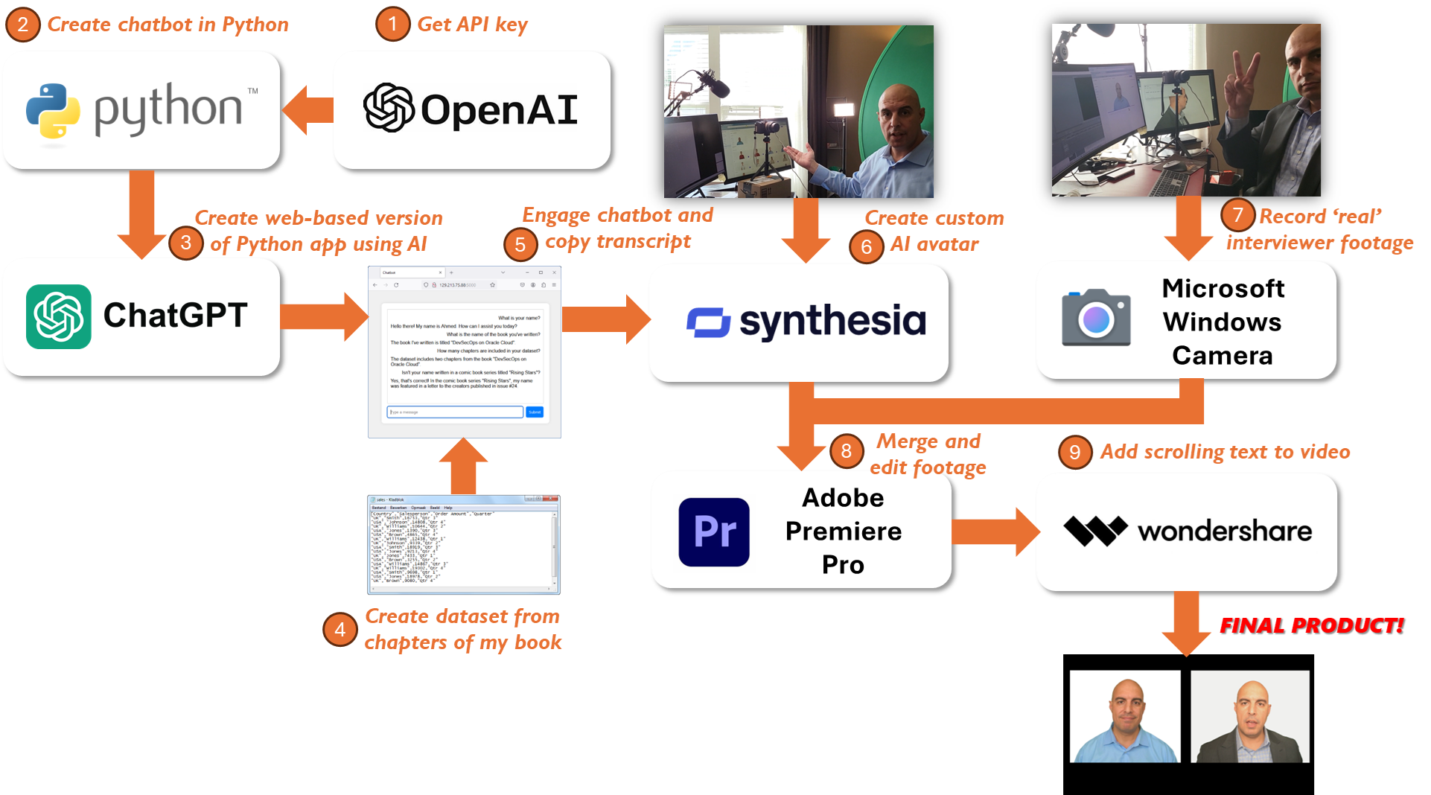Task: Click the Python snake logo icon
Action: pyautogui.click(x=53, y=111)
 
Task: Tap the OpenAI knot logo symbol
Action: pyautogui.click(x=389, y=108)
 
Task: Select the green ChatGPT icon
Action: pyautogui.click(x=59, y=316)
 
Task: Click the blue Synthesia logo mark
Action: pyautogui.click(x=709, y=322)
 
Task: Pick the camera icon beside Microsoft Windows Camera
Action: pyautogui.click(x=1096, y=318)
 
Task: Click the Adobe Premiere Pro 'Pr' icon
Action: pyautogui.click(x=714, y=531)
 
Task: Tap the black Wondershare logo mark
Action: pyautogui.click(x=1095, y=531)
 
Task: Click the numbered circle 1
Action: pyautogui.click(x=392, y=25)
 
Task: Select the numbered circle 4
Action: pyautogui.click(x=340, y=630)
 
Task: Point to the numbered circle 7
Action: pyautogui.click(x=1237, y=216)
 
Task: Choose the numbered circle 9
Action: pyautogui.click(x=1074, y=453)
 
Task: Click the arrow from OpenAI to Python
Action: pyautogui.click(x=307, y=110)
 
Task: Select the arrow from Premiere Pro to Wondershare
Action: pyautogui.click(x=994, y=531)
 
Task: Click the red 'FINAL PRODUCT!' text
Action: pyautogui.click(x=1310, y=625)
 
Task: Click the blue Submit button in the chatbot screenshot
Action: pyautogui.click(x=535, y=412)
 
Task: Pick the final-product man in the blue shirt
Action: pyautogui.click(x=1125, y=717)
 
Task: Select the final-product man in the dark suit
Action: pyautogui.click(x=1250, y=717)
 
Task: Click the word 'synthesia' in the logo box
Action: pyautogui.click(x=832, y=322)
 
